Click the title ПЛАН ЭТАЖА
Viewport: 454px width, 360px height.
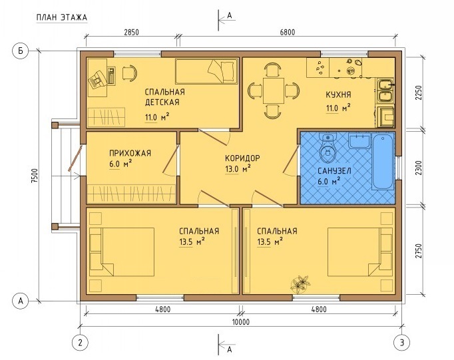[x=62, y=18]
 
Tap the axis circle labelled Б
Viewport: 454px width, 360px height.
[x=20, y=51]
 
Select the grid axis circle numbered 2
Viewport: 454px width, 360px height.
[x=80, y=343]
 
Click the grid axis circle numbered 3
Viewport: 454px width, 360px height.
[x=402, y=343]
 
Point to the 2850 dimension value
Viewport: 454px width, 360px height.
[x=131, y=32]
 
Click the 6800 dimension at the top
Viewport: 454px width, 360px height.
[x=288, y=32]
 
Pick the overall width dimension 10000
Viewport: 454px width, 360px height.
[x=240, y=322]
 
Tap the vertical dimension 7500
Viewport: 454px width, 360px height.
[x=35, y=176]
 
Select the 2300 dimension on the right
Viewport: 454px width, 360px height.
[x=419, y=168]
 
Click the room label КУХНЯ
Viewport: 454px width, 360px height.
[x=338, y=94]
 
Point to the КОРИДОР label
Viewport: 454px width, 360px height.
[x=242, y=158]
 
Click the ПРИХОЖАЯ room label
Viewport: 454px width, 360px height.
[x=130, y=153]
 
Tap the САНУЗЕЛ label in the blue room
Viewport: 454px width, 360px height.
[x=334, y=171]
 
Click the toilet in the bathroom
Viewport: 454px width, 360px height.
[x=328, y=148]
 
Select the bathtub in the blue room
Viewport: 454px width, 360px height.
[x=383, y=161]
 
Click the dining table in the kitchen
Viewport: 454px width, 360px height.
[x=274, y=90]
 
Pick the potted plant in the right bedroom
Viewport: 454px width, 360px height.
[x=300, y=283]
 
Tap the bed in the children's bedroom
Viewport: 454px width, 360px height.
[x=207, y=71]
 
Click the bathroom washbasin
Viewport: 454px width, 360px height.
[x=359, y=140]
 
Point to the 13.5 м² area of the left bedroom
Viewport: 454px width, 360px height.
[x=192, y=242]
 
